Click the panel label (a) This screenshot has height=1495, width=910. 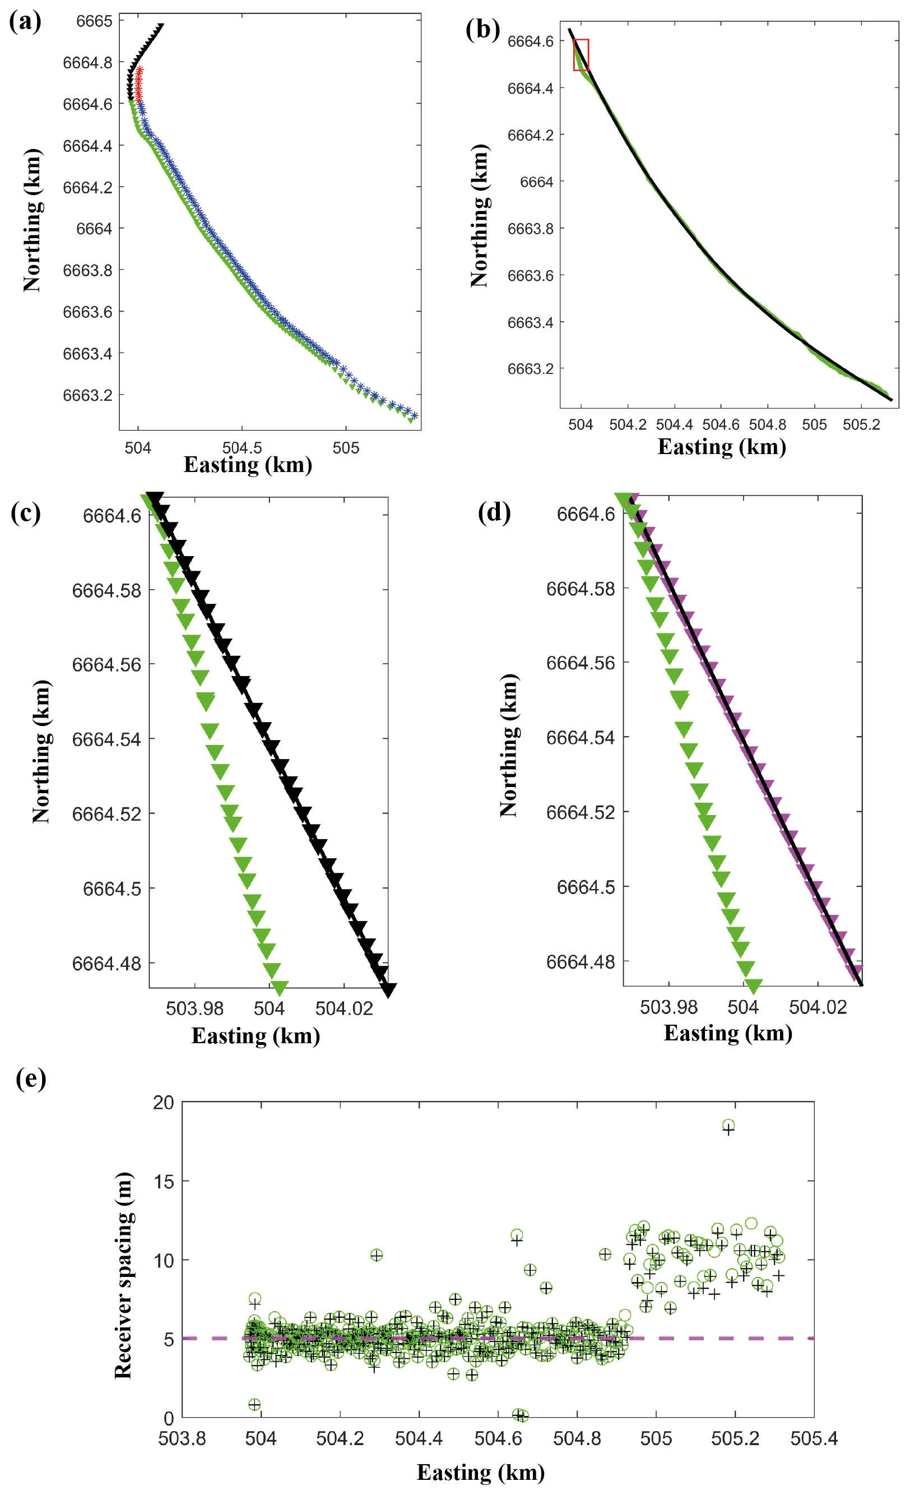tap(25, 22)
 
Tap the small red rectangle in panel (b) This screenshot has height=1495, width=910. tap(581, 54)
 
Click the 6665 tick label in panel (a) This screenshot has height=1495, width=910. tap(94, 21)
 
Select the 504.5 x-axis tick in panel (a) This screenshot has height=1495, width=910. tap(242, 448)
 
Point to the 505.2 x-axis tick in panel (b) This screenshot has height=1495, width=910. tap(861, 425)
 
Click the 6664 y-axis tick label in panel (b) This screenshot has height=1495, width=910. tap(536, 182)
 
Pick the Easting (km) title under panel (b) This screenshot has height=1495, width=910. tap(721, 447)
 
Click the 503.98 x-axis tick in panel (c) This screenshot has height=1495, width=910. tap(195, 1008)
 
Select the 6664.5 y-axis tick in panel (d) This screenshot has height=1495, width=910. tap(586, 887)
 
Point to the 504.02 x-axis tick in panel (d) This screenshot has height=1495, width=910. tap(818, 1007)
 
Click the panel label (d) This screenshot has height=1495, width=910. tap(494, 513)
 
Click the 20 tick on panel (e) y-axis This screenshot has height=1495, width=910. tap(163, 1103)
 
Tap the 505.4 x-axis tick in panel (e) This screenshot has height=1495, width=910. tap(814, 1438)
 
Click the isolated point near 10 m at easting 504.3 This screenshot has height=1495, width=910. tap(376, 1255)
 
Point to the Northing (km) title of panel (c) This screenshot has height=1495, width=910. tap(41, 751)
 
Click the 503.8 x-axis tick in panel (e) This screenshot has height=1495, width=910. tap(182, 1438)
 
